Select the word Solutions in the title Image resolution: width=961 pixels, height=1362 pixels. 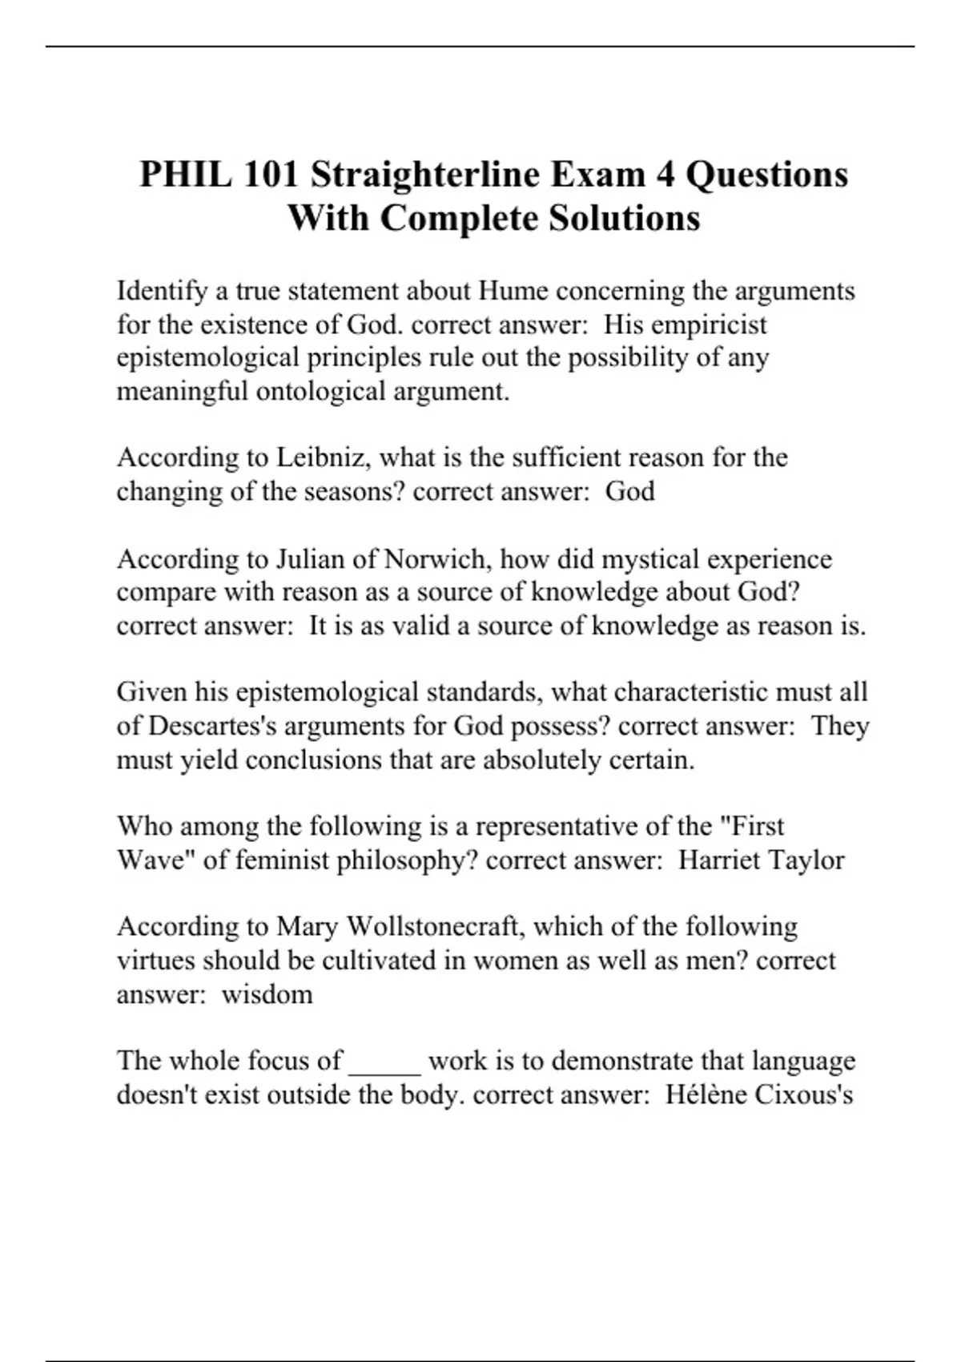click(x=624, y=217)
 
